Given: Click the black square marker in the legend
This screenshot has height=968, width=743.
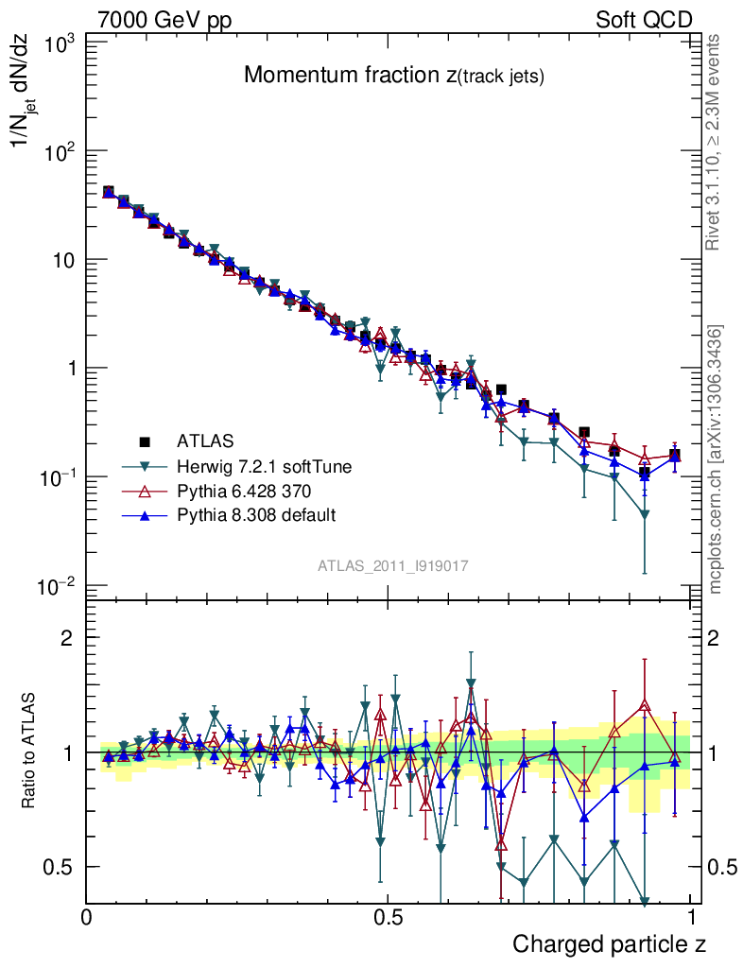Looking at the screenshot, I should click(145, 441).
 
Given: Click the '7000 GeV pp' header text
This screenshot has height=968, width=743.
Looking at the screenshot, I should click(164, 20).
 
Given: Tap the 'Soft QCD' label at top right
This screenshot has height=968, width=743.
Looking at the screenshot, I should click(644, 20).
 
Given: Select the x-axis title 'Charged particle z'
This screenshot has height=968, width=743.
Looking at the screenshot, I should click(609, 943).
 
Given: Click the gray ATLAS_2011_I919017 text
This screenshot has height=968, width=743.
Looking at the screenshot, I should click(393, 565).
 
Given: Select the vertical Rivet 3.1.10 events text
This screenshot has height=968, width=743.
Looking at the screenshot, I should click(715, 142).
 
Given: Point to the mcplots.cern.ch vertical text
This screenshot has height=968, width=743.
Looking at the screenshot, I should click(716, 458).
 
